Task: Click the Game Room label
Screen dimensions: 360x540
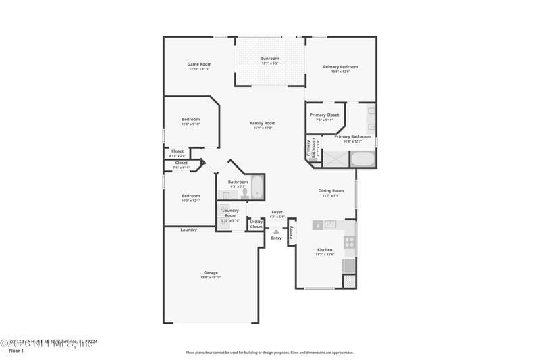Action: click(199, 64)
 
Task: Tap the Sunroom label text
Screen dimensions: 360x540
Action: click(270, 59)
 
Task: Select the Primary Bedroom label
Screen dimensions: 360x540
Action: click(340, 67)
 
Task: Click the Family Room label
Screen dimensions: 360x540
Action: click(263, 123)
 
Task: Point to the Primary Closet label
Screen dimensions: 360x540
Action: click(324, 115)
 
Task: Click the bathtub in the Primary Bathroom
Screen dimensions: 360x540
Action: click(362, 159)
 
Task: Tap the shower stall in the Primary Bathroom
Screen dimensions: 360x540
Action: click(335, 159)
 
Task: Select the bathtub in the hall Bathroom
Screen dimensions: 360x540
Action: click(257, 187)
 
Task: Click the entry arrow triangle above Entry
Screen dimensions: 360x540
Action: click(276, 232)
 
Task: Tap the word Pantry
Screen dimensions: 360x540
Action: click(291, 232)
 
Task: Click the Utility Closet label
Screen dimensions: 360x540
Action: click(256, 224)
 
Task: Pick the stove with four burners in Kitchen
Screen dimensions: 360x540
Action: click(349, 241)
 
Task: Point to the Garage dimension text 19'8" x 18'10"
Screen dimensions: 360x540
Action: click(211, 277)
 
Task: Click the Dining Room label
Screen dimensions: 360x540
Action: click(331, 190)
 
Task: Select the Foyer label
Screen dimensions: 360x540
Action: click(277, 212)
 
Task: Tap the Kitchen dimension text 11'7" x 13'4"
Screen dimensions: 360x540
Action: click(325, 255)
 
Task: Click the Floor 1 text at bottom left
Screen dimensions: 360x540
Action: click(16, 351)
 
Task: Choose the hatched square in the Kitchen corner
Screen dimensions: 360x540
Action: click(349, 282)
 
